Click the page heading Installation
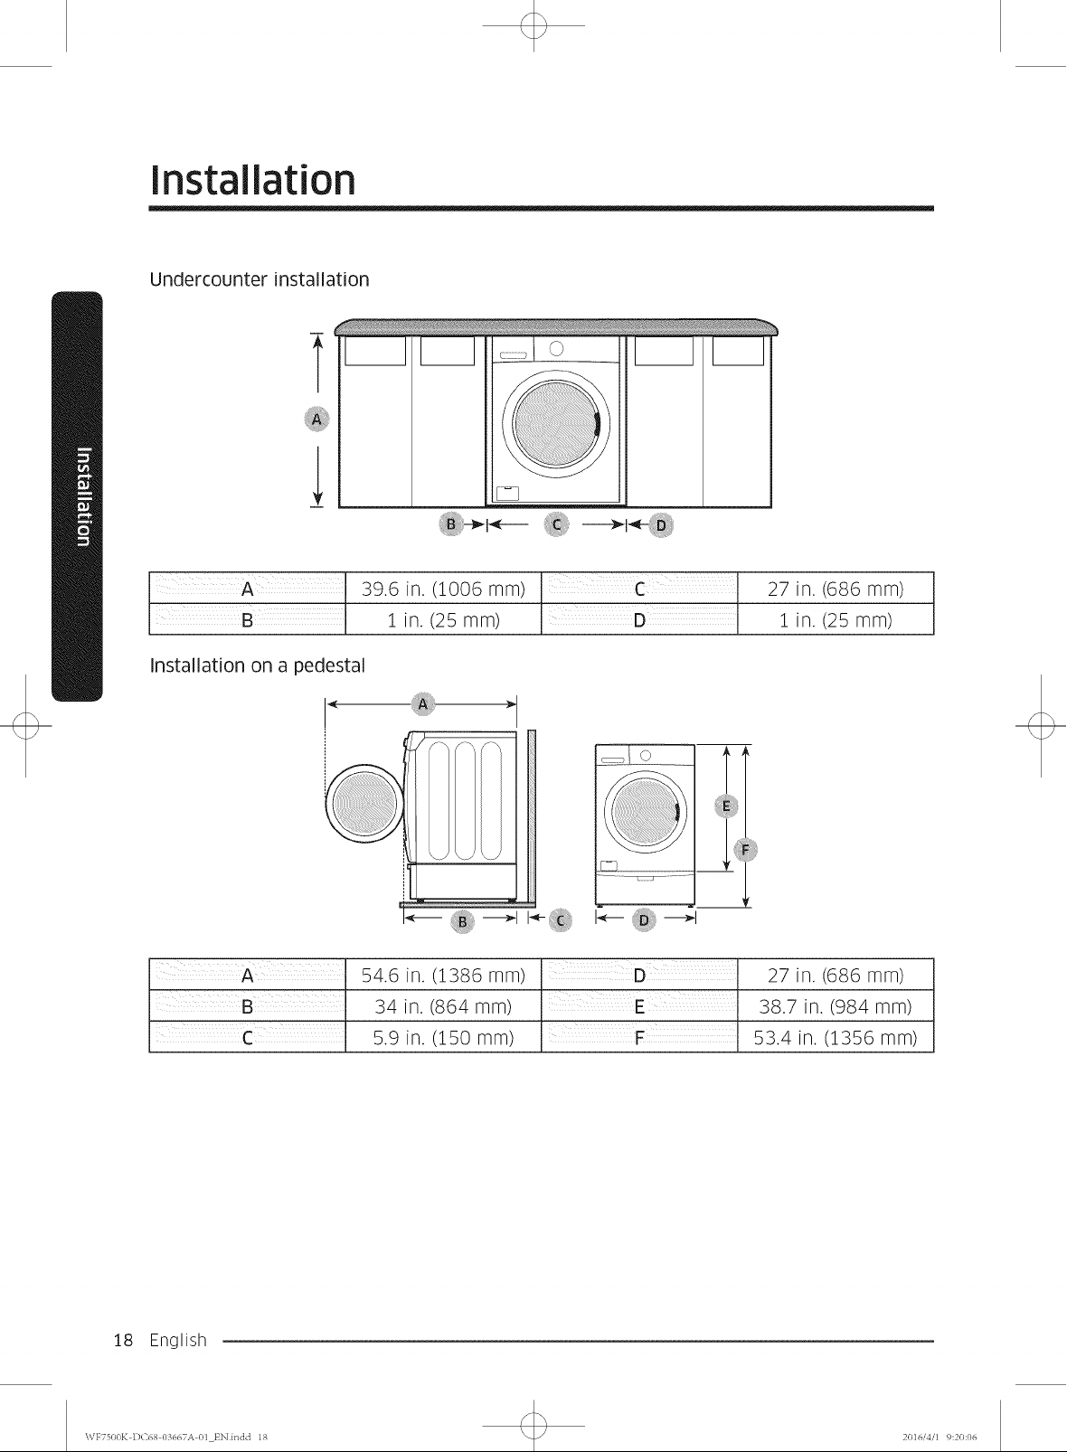pyautogui.click(x=252, y=180)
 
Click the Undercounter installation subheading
pyautogui.click(x=260, y=279)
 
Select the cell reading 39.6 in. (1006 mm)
pyautogui.click(x=443, y=589)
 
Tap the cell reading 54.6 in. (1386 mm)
pyautogui.click(x=443, y=975)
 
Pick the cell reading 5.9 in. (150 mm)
pyautogui.click(x=443, y=1038)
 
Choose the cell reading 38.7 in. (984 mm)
pyautogui.click(x=836, y=1006)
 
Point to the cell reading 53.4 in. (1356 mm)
pyautogui.click(x=836, y=1038)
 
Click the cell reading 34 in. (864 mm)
pyautogui.click(x=443, y=1006)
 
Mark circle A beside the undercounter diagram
pyautogui.click(x=316, y=420)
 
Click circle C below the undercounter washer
pyautogui.click(x=556, y=524)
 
